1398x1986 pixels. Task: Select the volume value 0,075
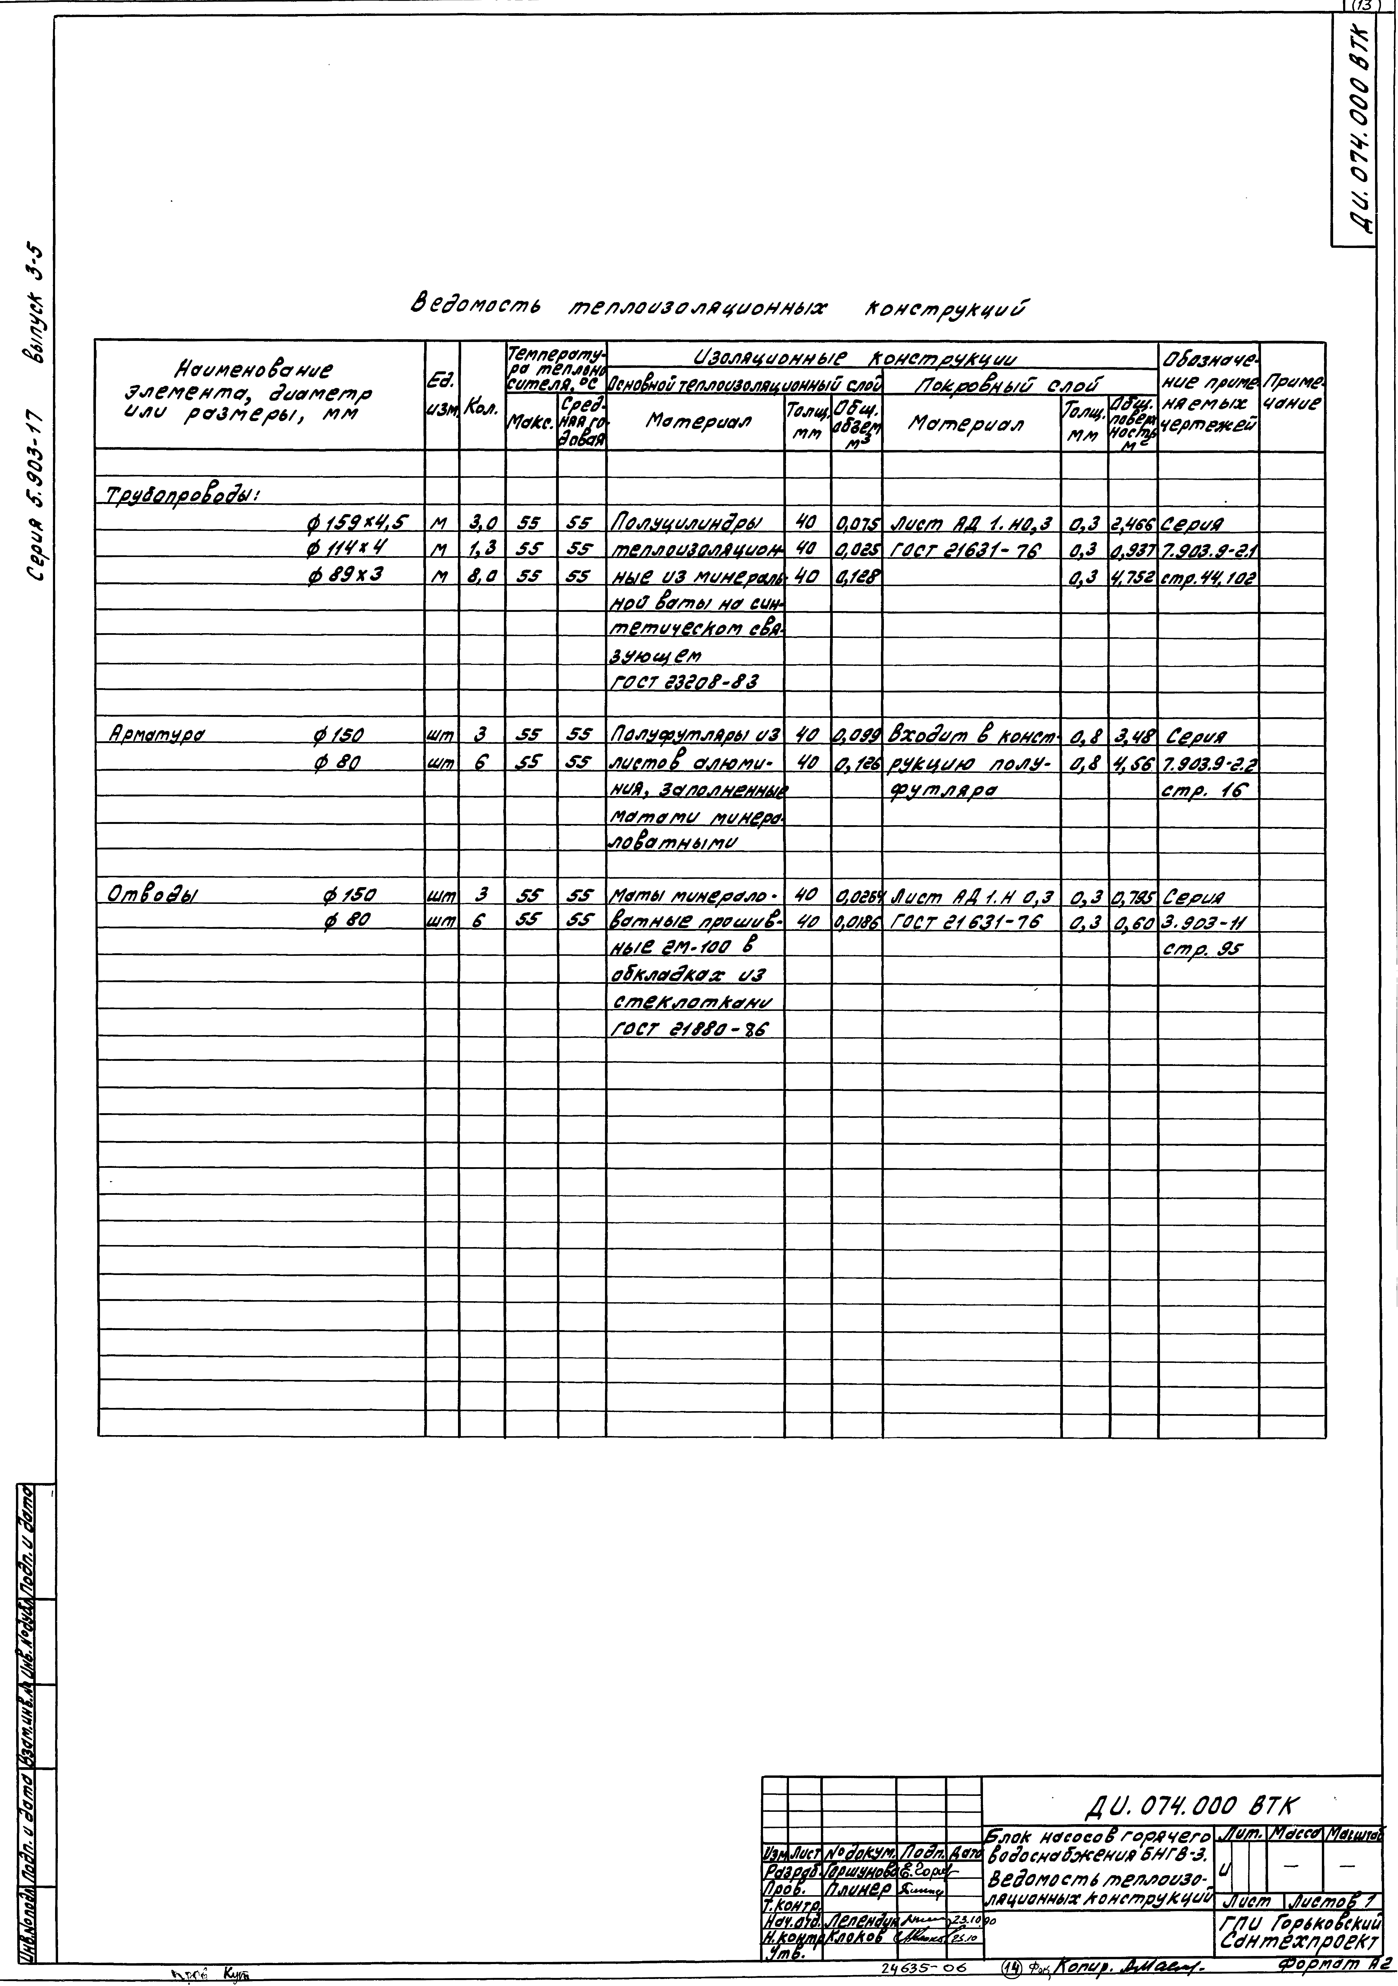pos(856,523)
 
